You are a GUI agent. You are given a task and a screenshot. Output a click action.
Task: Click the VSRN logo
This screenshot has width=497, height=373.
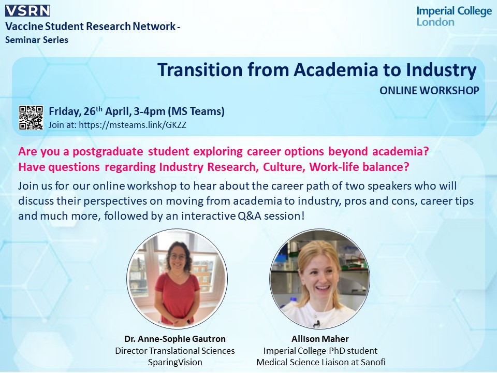pos(27,10)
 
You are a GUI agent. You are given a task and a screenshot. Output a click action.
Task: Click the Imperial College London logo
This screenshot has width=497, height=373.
pos(454,17)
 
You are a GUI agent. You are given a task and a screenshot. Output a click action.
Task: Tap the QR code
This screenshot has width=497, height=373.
pos(31,118)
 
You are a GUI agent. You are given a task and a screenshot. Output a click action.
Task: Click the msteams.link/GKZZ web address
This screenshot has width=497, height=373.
pos(133,125)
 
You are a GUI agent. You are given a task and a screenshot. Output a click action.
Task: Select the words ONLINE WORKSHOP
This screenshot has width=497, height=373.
pos(429,91)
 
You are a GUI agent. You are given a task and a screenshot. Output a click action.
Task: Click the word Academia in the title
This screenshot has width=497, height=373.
pos(335,70)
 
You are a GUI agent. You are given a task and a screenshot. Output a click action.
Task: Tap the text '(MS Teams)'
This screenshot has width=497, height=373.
pos(196,112)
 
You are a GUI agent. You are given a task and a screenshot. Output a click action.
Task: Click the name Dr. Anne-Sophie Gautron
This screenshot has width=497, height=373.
pos(175,339)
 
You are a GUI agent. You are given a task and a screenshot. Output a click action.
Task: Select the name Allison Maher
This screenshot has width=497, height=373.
pos(320,339)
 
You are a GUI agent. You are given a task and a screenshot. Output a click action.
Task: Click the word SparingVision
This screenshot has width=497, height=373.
pos(175,362)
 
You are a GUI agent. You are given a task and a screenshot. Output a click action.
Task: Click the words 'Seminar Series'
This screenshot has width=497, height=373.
pos(37,40)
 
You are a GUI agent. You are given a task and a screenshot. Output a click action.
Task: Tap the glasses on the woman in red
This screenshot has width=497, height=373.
pos(178,257)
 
